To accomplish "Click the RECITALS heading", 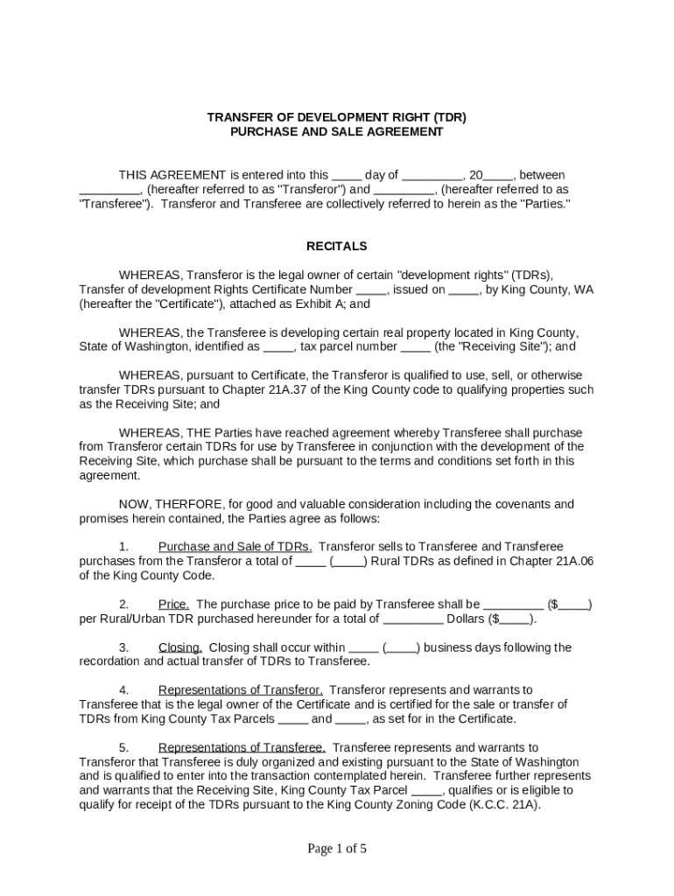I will (x=336, y=247).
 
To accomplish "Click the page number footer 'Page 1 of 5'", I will (x=336, y=848).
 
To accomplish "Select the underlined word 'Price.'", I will (x=174, y=604).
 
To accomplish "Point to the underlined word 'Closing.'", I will (x=180, y=647).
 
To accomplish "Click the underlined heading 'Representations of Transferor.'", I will (x=241, y=690).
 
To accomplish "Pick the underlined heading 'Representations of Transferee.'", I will (x=242, y=747).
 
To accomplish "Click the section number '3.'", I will (x=124, y=647).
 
